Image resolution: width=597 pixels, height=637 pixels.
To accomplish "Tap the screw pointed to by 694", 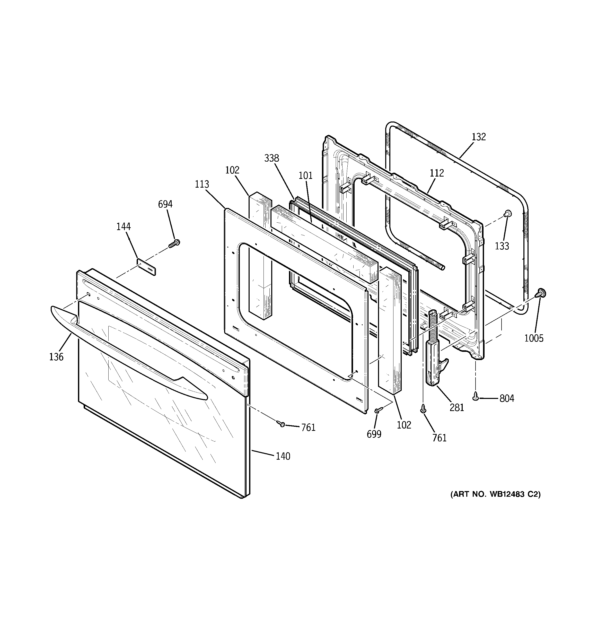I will [175, 243].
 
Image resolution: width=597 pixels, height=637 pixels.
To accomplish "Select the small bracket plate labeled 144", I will [147, 267].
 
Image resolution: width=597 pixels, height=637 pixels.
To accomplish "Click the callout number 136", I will [56, 357].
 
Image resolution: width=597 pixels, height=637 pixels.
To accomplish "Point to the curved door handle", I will [128, 352].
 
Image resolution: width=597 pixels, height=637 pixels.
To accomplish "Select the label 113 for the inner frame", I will [202, 184].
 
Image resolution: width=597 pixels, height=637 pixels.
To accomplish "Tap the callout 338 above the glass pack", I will [271, 158].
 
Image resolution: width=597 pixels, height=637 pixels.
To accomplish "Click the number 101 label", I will [305, 176].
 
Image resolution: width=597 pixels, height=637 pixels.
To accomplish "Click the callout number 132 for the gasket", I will [479, 137].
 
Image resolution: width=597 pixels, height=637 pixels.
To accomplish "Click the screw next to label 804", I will [476, 397].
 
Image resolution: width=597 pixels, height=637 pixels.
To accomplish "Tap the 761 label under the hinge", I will [439, 438].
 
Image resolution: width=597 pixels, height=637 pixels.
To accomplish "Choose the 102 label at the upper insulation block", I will [232, 170].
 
